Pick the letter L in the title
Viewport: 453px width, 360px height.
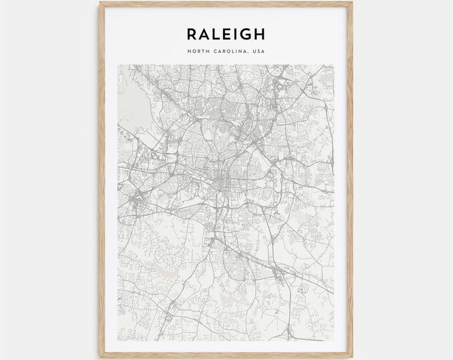click(x=216, y=33)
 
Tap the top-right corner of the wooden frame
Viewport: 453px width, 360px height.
click(x=358, y=2)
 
